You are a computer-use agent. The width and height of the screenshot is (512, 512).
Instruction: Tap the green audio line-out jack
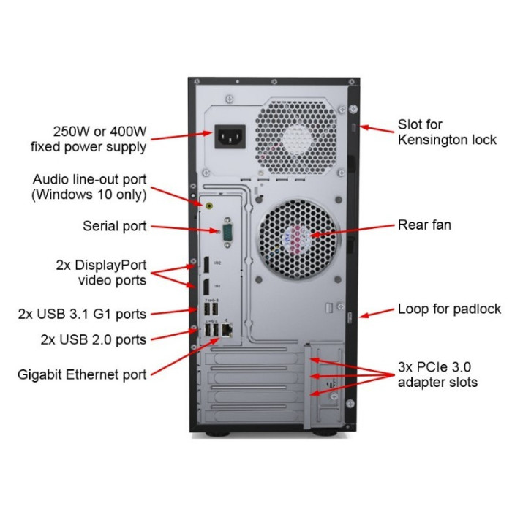click(x=211, y=206)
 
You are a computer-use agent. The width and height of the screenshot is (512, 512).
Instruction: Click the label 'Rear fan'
click(x=424, y=225)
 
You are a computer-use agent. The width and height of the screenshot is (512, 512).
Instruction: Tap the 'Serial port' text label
click(x=114, y=226)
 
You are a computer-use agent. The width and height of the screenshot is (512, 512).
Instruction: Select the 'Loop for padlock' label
click(x=449, y=309)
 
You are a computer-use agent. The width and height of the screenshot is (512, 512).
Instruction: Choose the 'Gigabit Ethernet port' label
click(x=82, y=374)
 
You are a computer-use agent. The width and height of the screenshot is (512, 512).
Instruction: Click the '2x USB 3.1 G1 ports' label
click(x=82, y=314)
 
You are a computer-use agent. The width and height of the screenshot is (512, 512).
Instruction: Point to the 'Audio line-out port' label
click(x=89, y=187)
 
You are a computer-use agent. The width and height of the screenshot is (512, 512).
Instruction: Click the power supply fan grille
click(x=298, y=132)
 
